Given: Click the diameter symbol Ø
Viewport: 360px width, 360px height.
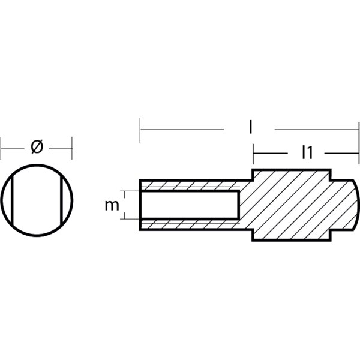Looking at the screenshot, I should [36, 146].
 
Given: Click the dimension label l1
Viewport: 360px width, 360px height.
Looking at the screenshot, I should [307, 153].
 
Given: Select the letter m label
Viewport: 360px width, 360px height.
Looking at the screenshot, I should [111, 205].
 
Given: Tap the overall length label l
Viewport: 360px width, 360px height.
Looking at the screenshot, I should [250, 128].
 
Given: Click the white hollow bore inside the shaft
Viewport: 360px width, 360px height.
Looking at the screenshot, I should [189, 205].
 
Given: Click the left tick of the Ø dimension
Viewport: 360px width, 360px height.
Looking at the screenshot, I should [1, 146].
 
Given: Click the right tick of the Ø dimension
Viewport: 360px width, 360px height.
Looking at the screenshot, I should [72, 146].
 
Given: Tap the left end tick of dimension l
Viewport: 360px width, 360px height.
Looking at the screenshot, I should [140, 130].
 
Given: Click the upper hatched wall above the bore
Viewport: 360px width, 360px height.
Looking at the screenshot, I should [189, 185].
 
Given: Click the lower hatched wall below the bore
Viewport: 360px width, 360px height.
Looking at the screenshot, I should [189, 224].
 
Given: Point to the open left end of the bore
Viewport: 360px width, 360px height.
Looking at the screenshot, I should [141, 205].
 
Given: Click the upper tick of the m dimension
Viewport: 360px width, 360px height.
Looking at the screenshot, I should [123, 191].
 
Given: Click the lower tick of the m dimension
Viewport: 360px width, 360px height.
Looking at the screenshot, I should [123, 219].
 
